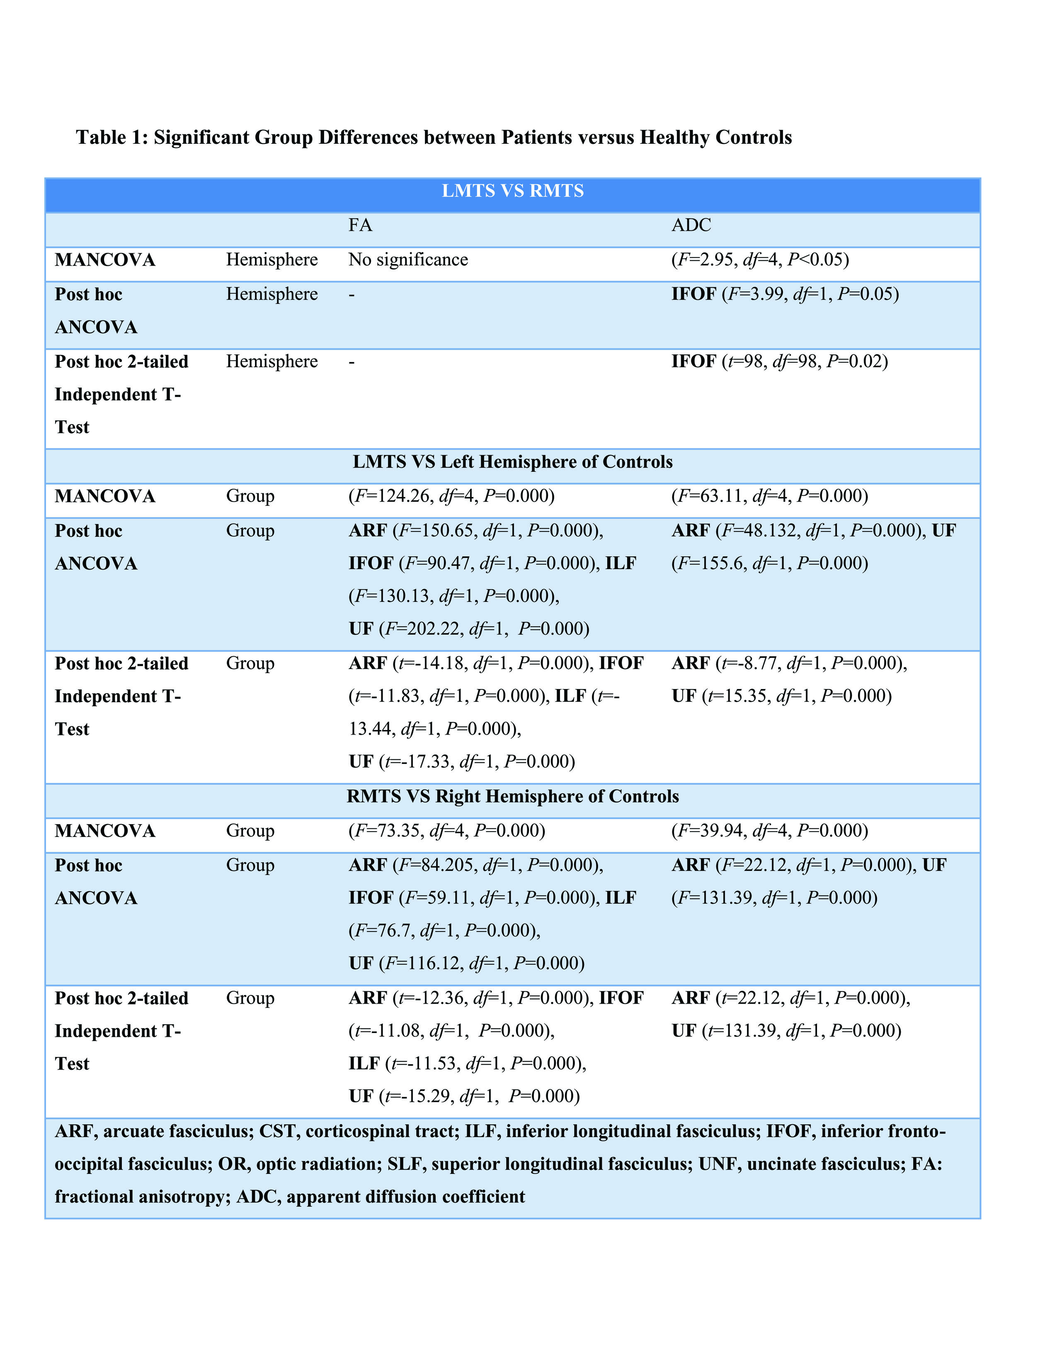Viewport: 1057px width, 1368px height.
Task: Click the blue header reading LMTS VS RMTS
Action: pyautogui.click(x=512, y=191)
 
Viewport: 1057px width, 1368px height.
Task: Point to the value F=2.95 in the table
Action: pyautogui.click(x=704, y=260)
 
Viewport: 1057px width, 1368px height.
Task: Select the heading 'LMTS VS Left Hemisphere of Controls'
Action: pyautogui.click(x=512, y=462)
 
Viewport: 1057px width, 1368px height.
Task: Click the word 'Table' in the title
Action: pyautogui.click(x=101, y=137)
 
